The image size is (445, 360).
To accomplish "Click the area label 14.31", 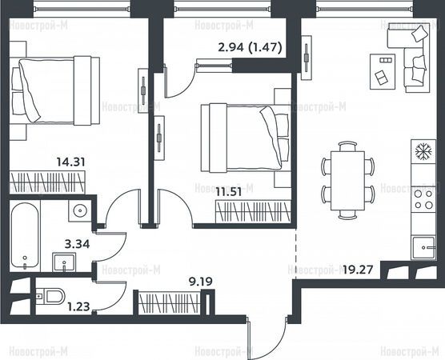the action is point(70,162).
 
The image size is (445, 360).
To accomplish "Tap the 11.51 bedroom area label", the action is point(228,192).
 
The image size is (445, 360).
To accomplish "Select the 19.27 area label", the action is point(358,270).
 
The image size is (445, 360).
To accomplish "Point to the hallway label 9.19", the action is point(201,282).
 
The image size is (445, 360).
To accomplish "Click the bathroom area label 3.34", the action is point(77,244).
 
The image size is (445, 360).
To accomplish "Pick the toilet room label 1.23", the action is point(78,306).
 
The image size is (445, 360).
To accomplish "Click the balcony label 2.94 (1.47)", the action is point(250,47).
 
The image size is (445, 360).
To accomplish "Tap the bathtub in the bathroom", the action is point(25,235).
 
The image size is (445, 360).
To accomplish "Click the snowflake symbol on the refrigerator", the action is point(423,150).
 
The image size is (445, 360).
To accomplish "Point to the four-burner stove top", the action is point(423,199).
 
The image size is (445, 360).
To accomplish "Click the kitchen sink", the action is point(423,248).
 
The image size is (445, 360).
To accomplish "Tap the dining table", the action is point(347,181).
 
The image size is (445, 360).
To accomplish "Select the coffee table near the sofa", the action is point(383,71).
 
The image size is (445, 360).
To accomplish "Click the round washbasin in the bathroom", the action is point(80,210).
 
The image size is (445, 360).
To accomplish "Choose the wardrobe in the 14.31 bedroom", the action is point(47,182).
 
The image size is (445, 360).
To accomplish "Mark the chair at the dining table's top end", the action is point(347,146).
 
